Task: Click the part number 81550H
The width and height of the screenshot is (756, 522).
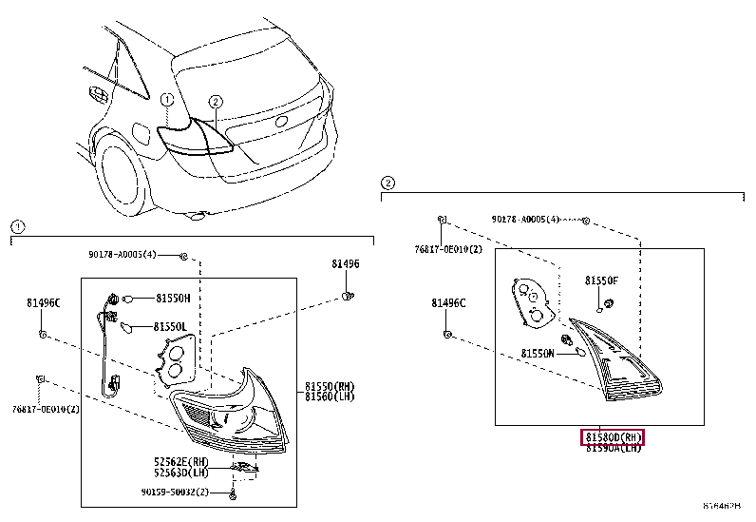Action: (x=173, y=298)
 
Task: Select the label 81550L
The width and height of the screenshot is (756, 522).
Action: (x=173, y=326)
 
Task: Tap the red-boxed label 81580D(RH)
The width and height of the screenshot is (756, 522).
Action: (x=614, y=437)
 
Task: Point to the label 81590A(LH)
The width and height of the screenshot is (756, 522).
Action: (x=614, y=448)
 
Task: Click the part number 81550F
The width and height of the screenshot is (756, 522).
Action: (x=601, y=281)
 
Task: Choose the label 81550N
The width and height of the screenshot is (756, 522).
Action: (x=538, y=354)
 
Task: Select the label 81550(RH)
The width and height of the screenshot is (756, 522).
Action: (x=330, y=386)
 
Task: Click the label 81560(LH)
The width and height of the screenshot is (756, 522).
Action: (x=330, y=396)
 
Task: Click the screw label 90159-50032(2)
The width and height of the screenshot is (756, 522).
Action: (x=182, y=493)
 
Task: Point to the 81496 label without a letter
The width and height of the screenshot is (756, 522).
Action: (x=346, y=263)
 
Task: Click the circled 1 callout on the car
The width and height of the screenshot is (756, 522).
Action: (x=166, y=99)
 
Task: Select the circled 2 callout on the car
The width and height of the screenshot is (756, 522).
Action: (x=216, y=101)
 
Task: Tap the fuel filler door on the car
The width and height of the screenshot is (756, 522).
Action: (x=139, y=133)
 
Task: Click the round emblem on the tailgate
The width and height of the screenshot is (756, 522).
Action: (x=281, y=123)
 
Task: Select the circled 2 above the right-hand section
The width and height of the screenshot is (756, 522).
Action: (x=387, y=183)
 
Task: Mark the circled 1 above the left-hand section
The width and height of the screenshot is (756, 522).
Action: (x=17, y=226)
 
